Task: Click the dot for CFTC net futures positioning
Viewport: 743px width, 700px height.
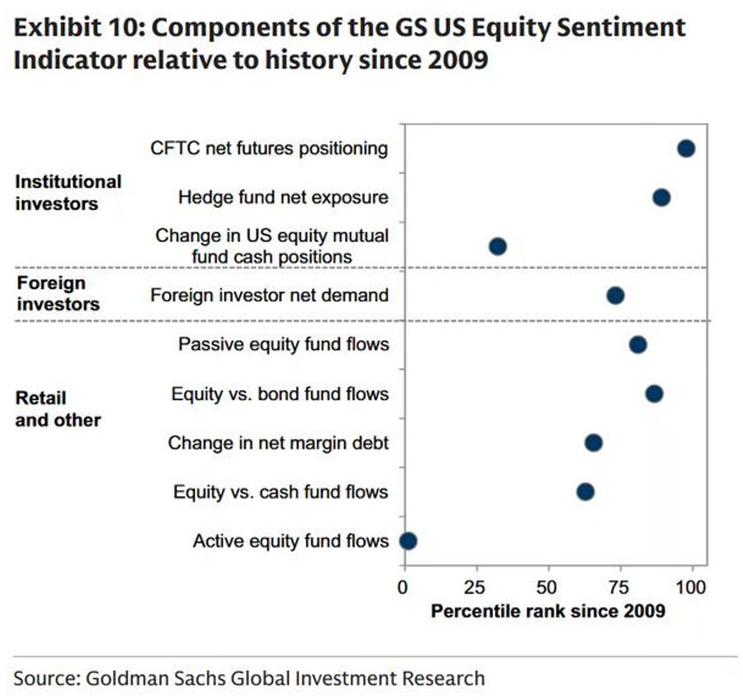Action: click(686, 148)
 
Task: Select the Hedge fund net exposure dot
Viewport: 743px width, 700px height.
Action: click(662, 197)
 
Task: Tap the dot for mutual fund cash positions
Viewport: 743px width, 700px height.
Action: click(498, 246)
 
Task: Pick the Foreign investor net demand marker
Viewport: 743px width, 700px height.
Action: click(615, 295)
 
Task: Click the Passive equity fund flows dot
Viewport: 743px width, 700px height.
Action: click(638, 344)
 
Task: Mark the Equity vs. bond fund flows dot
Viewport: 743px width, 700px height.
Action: click(654, 393)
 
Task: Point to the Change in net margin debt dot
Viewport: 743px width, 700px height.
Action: click(594, 443)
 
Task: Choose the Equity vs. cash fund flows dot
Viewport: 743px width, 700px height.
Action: click(586, 492)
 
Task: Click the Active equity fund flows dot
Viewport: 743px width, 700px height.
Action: click(408, 541)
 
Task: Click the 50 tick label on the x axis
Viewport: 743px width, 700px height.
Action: click(547, 588)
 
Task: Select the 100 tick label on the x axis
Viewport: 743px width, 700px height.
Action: click(691, 588)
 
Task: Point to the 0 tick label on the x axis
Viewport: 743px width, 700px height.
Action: click(403, 588)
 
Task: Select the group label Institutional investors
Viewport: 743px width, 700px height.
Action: click(68, 193)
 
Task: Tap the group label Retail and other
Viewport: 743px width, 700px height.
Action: click(58, 409)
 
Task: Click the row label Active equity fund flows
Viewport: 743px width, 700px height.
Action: click(291, 542)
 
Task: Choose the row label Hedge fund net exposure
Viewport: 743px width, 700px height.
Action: click(283, 198)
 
